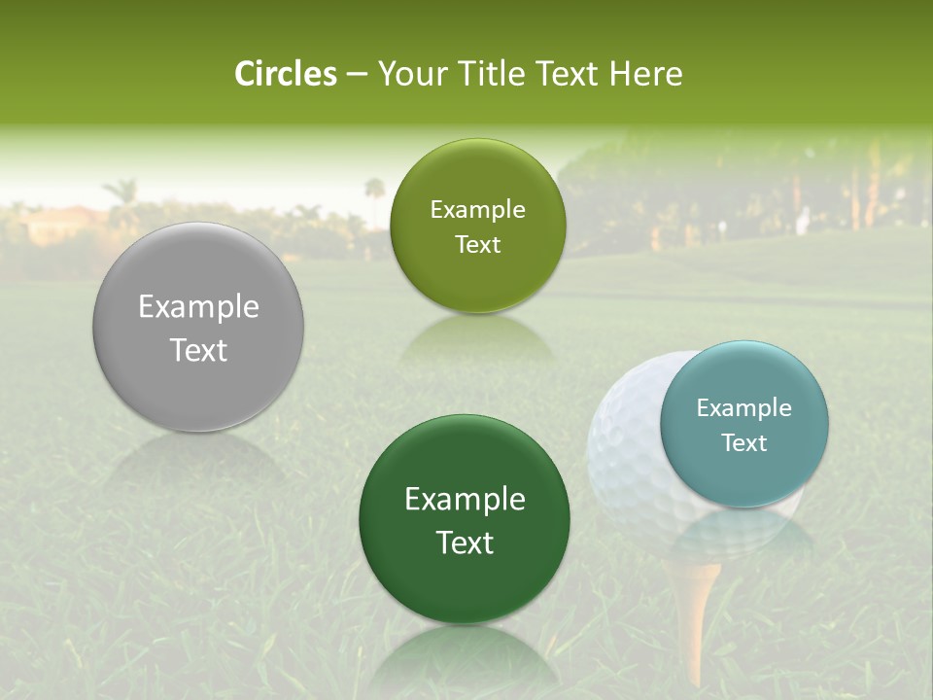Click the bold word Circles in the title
tap(286, 74)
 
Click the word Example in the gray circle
tap(198, 307)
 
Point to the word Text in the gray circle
tap(198, 350)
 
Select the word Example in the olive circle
tap(477, 210)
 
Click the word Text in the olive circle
tap(477, 245)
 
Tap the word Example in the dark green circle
tap(465, 500)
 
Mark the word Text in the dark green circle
tap(465, 542)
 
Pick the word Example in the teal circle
tap(744, 408)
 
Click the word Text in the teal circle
tap(744, 443)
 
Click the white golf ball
tap(627, 457)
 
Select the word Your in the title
tap(407, 74)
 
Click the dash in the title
tap(357, 75)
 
